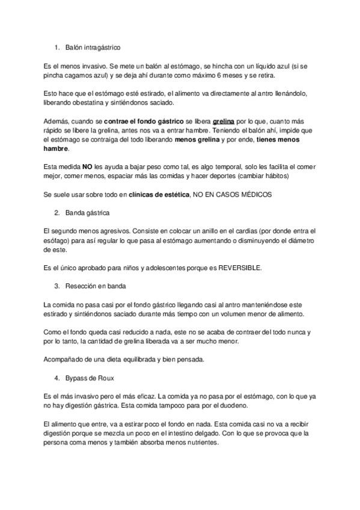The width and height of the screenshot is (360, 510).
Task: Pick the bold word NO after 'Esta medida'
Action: pos(87,166)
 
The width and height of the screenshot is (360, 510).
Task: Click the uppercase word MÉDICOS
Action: pos(255,195)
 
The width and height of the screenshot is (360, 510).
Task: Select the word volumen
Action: pos(240,313)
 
